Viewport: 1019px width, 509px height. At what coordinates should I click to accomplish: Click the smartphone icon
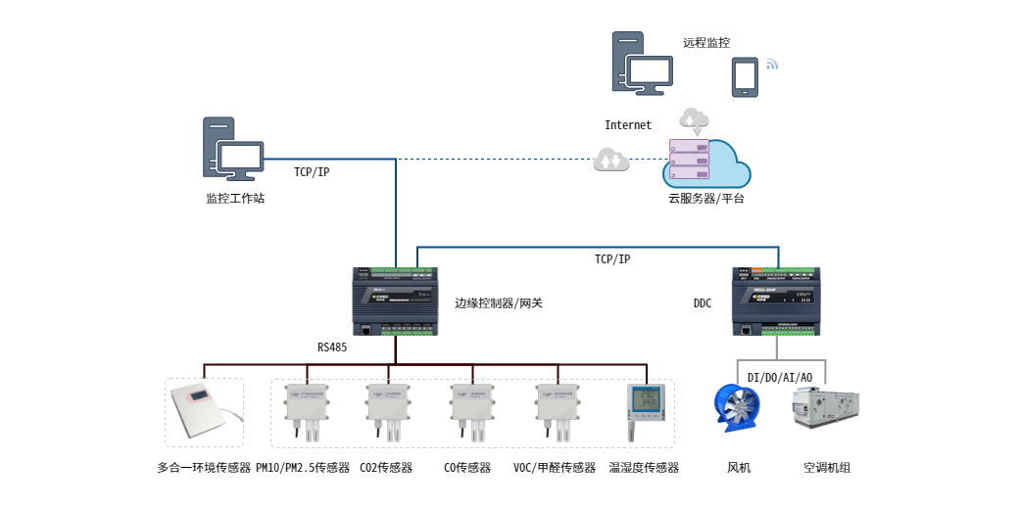[745, 76]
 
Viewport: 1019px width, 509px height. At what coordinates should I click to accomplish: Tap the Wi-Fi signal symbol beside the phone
[771, 65]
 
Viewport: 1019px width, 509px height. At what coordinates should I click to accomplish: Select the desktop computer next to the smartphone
[642, 64]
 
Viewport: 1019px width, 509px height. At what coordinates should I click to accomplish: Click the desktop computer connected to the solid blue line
[232, 149]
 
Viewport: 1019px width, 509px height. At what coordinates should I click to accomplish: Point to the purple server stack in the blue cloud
[689, 160]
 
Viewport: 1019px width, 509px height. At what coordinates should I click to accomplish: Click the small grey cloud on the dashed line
[611, 159]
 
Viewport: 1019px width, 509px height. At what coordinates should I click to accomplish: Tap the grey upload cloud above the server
[694, 120]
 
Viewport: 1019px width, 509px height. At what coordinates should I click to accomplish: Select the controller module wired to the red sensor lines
[395, 301]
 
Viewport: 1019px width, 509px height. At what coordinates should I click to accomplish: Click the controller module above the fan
[776, 301]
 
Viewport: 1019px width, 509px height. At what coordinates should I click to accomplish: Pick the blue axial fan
[738, 407]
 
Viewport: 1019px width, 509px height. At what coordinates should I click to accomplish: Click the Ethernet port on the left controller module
[365, 330]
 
